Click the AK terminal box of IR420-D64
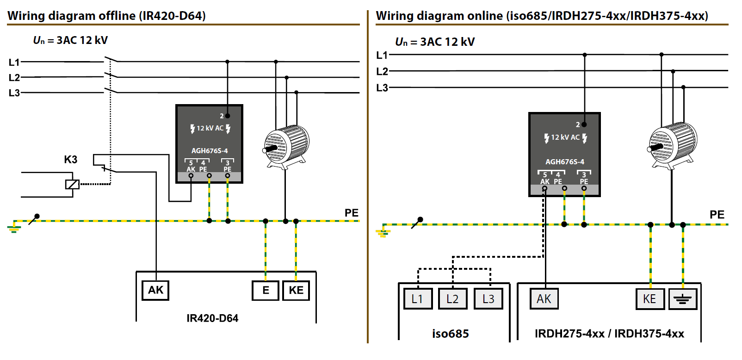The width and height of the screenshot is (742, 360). tap(155, 291)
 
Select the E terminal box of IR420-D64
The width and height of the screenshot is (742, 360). tap(266, 291)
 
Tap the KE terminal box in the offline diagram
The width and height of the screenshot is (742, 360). tap(296, 291)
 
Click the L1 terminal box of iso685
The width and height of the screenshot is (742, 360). tap(418, 299)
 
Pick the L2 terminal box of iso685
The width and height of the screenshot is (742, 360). tap(453, 299)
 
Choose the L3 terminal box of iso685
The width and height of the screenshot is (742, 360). tap(488, 299)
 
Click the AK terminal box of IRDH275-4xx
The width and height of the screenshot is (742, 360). tap(544, 299)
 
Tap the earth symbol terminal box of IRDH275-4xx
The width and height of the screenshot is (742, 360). tap(683, 299)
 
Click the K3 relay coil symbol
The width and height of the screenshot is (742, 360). tap(72, 184)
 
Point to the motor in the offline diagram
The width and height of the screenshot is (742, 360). tap(286, 147)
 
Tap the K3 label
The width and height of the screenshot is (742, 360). tap(71, 160)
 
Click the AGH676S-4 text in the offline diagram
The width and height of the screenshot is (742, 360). tap(210, 151)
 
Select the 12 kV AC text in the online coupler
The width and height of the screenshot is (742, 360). tap(565, 137)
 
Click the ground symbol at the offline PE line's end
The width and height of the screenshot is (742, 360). tap(13, 227)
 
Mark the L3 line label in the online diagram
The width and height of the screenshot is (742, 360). tap(382, 88)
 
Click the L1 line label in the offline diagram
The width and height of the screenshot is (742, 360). tap(14, 62)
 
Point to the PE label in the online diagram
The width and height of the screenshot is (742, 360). tap(717, 215)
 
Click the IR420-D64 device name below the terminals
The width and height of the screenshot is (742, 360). tap(212, 318)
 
